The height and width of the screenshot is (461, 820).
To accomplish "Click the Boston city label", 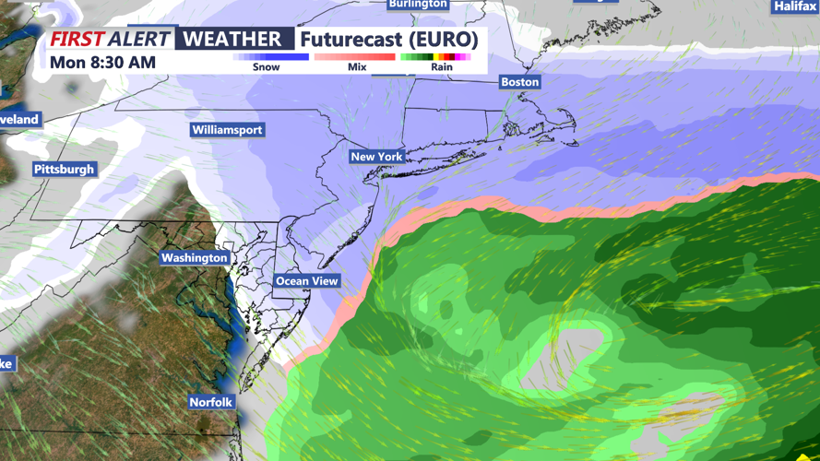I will click(519, 82).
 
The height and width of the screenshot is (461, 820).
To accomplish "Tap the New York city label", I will click(376, 157).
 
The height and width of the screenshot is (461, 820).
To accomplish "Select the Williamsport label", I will click(227, 130).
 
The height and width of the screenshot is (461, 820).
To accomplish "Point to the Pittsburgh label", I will click(65, 170).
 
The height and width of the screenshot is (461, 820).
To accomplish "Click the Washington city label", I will click(194, 258).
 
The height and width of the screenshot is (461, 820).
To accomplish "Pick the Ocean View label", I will click(307, 281).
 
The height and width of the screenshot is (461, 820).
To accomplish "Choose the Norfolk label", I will click(211, 403).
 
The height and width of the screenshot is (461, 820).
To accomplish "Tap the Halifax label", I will click(795, 6).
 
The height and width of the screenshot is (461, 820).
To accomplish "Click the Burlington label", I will click(418, 5).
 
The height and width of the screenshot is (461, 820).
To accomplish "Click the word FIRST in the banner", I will click(77, 40).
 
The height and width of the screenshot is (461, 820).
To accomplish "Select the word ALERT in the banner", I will click(139, 40).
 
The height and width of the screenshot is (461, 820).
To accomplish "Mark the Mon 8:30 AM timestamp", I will click(102, 63).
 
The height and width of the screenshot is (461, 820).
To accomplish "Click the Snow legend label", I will click(266, 67).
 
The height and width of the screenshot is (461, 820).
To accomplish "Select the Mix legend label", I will click(357, 67).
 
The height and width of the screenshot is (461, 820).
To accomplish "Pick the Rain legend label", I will click(441, 67).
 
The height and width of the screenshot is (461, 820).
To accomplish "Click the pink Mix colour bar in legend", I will click(355, 57).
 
